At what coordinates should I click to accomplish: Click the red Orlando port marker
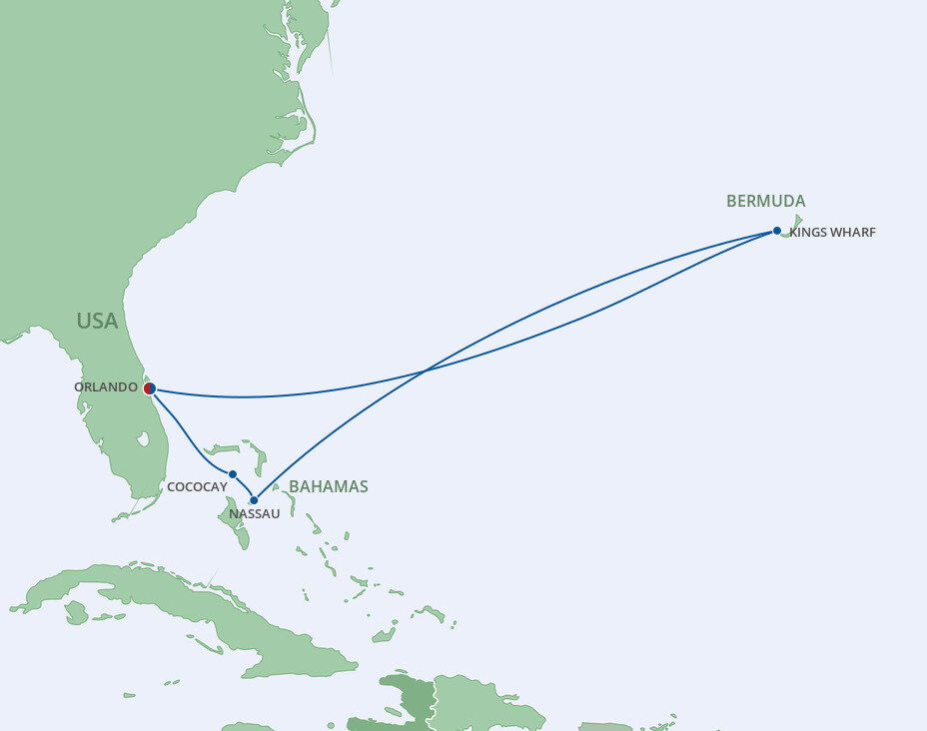click(149, 387)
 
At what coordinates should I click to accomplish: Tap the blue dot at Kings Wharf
click(777, 231)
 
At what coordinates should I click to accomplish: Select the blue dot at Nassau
click(254, 500)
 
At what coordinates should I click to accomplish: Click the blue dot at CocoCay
click(233, 474)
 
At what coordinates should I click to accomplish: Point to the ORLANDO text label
click(106, 387)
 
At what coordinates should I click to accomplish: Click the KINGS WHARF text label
click(832, 233)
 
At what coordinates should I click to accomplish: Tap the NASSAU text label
click(255, 514)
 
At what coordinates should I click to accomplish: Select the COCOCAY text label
click(197, 486)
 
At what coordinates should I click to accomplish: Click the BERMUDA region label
click(765, 202)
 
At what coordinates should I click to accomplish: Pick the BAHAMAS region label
click(328, 487)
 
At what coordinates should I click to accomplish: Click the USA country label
click(97, 321)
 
